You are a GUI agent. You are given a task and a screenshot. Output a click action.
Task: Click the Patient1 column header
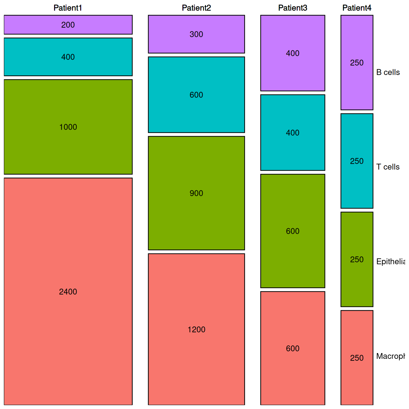(x=68, y=8)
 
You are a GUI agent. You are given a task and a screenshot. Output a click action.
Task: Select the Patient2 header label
(x=196, y=8)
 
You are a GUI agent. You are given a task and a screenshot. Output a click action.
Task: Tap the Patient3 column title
(x=293, y=8)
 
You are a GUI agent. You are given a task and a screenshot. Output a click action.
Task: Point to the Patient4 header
(x=357, y=8)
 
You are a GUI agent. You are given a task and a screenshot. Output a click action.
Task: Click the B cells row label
(x=388, y=72)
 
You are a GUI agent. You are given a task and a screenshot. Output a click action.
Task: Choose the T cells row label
(x=388, y=167)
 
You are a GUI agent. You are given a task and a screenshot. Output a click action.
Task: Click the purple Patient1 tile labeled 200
(x=68, y=25)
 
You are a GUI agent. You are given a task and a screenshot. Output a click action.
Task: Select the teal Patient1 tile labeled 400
(x=68, y=57)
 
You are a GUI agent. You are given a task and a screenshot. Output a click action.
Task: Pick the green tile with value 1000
(x=68, y=127)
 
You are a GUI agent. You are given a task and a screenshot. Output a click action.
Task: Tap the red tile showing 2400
(x=68, y=292)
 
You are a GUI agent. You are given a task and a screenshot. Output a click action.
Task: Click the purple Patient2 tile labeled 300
(x=196, y=34)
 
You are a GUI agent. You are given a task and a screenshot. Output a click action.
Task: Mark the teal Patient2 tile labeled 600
(x=196, y=95)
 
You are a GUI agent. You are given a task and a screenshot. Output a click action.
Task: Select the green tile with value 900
(x=196, y=193)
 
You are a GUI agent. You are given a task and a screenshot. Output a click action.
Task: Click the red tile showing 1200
(x=196, y=329)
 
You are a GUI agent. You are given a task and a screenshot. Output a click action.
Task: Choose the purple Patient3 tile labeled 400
(x=293, y=53)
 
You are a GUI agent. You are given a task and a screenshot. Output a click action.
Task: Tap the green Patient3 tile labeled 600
(x=293, y=231)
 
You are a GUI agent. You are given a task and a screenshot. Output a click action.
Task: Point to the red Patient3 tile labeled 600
(x=293, y=348)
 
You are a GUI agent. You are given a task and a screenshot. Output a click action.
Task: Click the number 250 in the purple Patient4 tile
(x=357, y=63)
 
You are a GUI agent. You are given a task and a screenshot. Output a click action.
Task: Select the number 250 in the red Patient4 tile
(x=357, y=358)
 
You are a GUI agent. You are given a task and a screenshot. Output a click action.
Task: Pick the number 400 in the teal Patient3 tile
(x=293, y=133)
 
